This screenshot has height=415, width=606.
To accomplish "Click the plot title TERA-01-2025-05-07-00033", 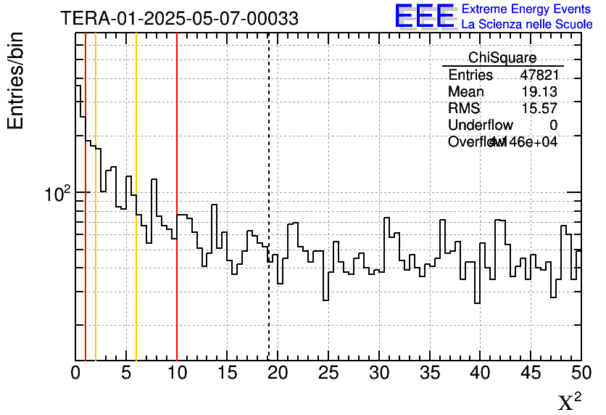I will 179,19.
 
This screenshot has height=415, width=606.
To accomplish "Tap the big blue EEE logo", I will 426,16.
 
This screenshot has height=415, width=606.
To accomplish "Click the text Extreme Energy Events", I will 527,9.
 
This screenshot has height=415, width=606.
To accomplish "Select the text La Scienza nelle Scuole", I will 527,25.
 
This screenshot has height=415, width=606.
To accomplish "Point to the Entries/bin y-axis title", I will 16,81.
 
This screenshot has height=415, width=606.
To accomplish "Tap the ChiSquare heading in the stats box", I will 502,58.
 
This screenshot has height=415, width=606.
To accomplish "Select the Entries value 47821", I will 539,75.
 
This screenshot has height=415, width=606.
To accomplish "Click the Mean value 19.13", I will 539,92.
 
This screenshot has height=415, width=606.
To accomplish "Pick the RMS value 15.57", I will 539,109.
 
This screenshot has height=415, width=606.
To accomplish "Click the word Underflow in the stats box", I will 481,126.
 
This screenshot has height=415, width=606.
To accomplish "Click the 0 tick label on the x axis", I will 75,374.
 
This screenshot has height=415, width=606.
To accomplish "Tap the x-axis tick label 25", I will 328,374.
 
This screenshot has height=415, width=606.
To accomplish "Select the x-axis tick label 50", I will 581,374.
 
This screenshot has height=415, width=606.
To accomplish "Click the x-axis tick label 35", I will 430,374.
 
